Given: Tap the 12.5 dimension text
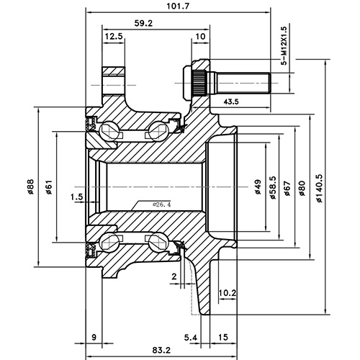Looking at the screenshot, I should pyautogui.click(x=112, y=36).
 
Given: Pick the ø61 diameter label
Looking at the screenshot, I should pyautogui.click(x=48, y=189).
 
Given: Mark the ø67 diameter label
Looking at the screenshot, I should pyautogui.click(x=287, y=189).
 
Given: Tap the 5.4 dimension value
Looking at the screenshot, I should pyautogui.click(x=190, y=337).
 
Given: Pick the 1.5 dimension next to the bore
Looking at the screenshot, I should pyautogui.click(x=77, y=195).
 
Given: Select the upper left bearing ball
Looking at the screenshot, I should pyautogui.click(x=108, y=130).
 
